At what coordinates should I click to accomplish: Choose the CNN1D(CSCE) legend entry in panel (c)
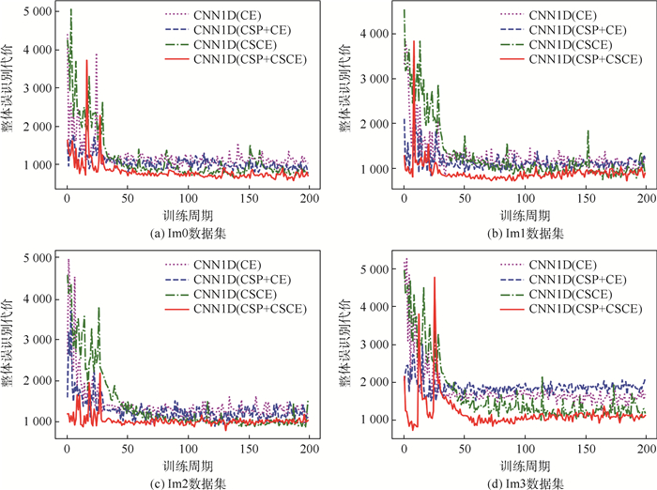(235, 294)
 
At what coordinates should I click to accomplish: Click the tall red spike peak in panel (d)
(434, 278)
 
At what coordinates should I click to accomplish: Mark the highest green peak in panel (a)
(71, 10)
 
